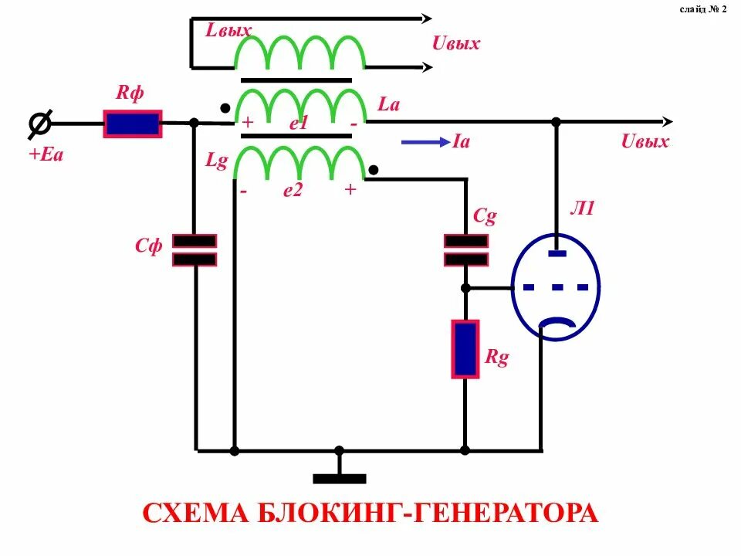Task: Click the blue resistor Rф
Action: (x=133, y=124)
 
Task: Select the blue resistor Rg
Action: (x=465, y=349)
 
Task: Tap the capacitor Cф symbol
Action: (x=195, y=250)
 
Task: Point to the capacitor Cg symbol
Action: (x=465, y=249)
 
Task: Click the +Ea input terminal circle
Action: (x=40, y=124)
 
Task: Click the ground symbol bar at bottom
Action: (x=339, y=479)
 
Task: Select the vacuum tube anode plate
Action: (x=557, y=252)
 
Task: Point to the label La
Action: (x=388, y=104)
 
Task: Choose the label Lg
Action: (x=216, y=161)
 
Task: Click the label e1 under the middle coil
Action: (x=299, y=124)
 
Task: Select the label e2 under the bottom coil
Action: (x=293, y=191)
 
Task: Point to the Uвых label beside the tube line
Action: (x=645, y=142)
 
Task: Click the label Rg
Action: (x=497, y=358)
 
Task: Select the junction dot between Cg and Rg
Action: (x=465, y=288)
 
